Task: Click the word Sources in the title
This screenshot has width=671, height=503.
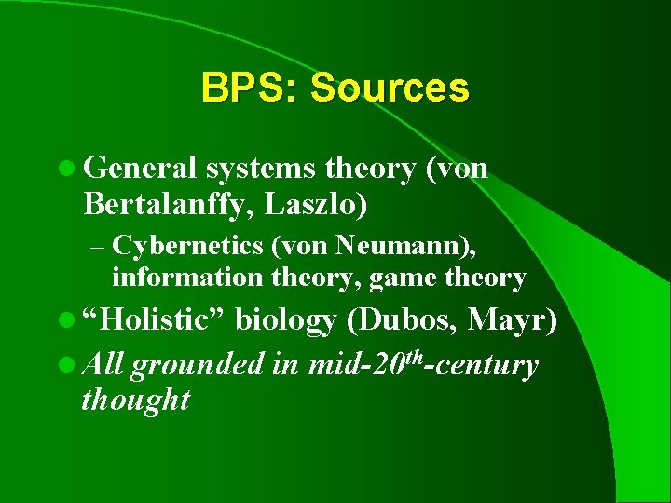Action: (390, 88)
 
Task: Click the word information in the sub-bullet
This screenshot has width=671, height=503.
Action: (183, 278)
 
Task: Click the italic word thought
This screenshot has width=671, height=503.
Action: (135, 401)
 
